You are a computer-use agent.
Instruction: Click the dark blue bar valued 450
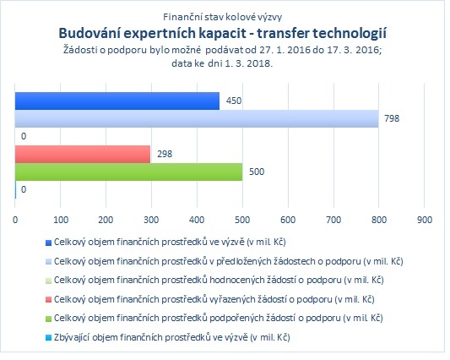coord(117,101)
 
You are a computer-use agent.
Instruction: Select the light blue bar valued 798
coord(197,118)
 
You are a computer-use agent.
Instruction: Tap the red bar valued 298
coord(83,155)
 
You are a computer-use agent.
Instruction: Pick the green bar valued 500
coord(128,172)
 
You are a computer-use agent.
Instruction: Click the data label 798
coord(392,118)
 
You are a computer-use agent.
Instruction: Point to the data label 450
coord(234,101)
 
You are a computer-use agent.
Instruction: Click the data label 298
coord(165,154)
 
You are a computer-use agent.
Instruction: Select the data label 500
coord(257,172)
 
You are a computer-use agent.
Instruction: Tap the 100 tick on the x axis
coord(61,220)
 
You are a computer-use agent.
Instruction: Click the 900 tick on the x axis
coord(425,220)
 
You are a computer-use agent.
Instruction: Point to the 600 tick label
coord(288,220)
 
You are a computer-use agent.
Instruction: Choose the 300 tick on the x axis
coord(151,220)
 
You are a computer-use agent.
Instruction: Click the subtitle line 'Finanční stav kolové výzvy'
coord(222,17)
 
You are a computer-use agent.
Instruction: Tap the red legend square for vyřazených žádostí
coord(48,300)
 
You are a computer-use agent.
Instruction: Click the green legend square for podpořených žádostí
coord(48,319)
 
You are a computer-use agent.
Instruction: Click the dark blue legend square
coord(48,243)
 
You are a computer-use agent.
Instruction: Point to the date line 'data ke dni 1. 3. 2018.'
coord(222,63)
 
